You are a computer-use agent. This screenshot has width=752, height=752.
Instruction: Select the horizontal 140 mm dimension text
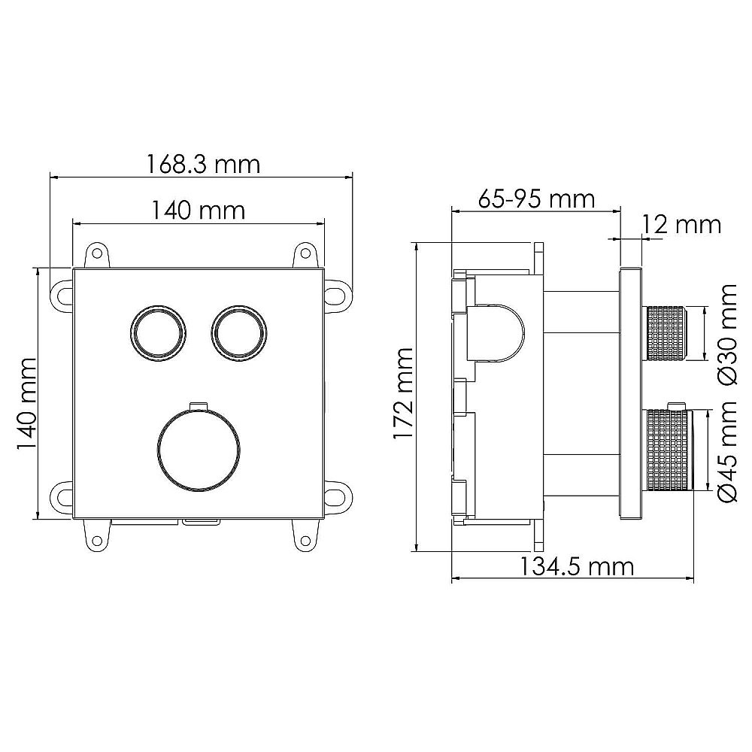click(x=199, y=210)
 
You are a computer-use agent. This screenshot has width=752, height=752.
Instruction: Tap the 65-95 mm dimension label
click(x=536, y=199)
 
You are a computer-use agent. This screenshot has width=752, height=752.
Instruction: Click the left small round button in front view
click(x=158, y=332)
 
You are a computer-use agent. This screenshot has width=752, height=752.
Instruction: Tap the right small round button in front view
click(x=238, y=332)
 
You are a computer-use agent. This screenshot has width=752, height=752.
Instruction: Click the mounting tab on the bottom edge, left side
click(x=97, y=533)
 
